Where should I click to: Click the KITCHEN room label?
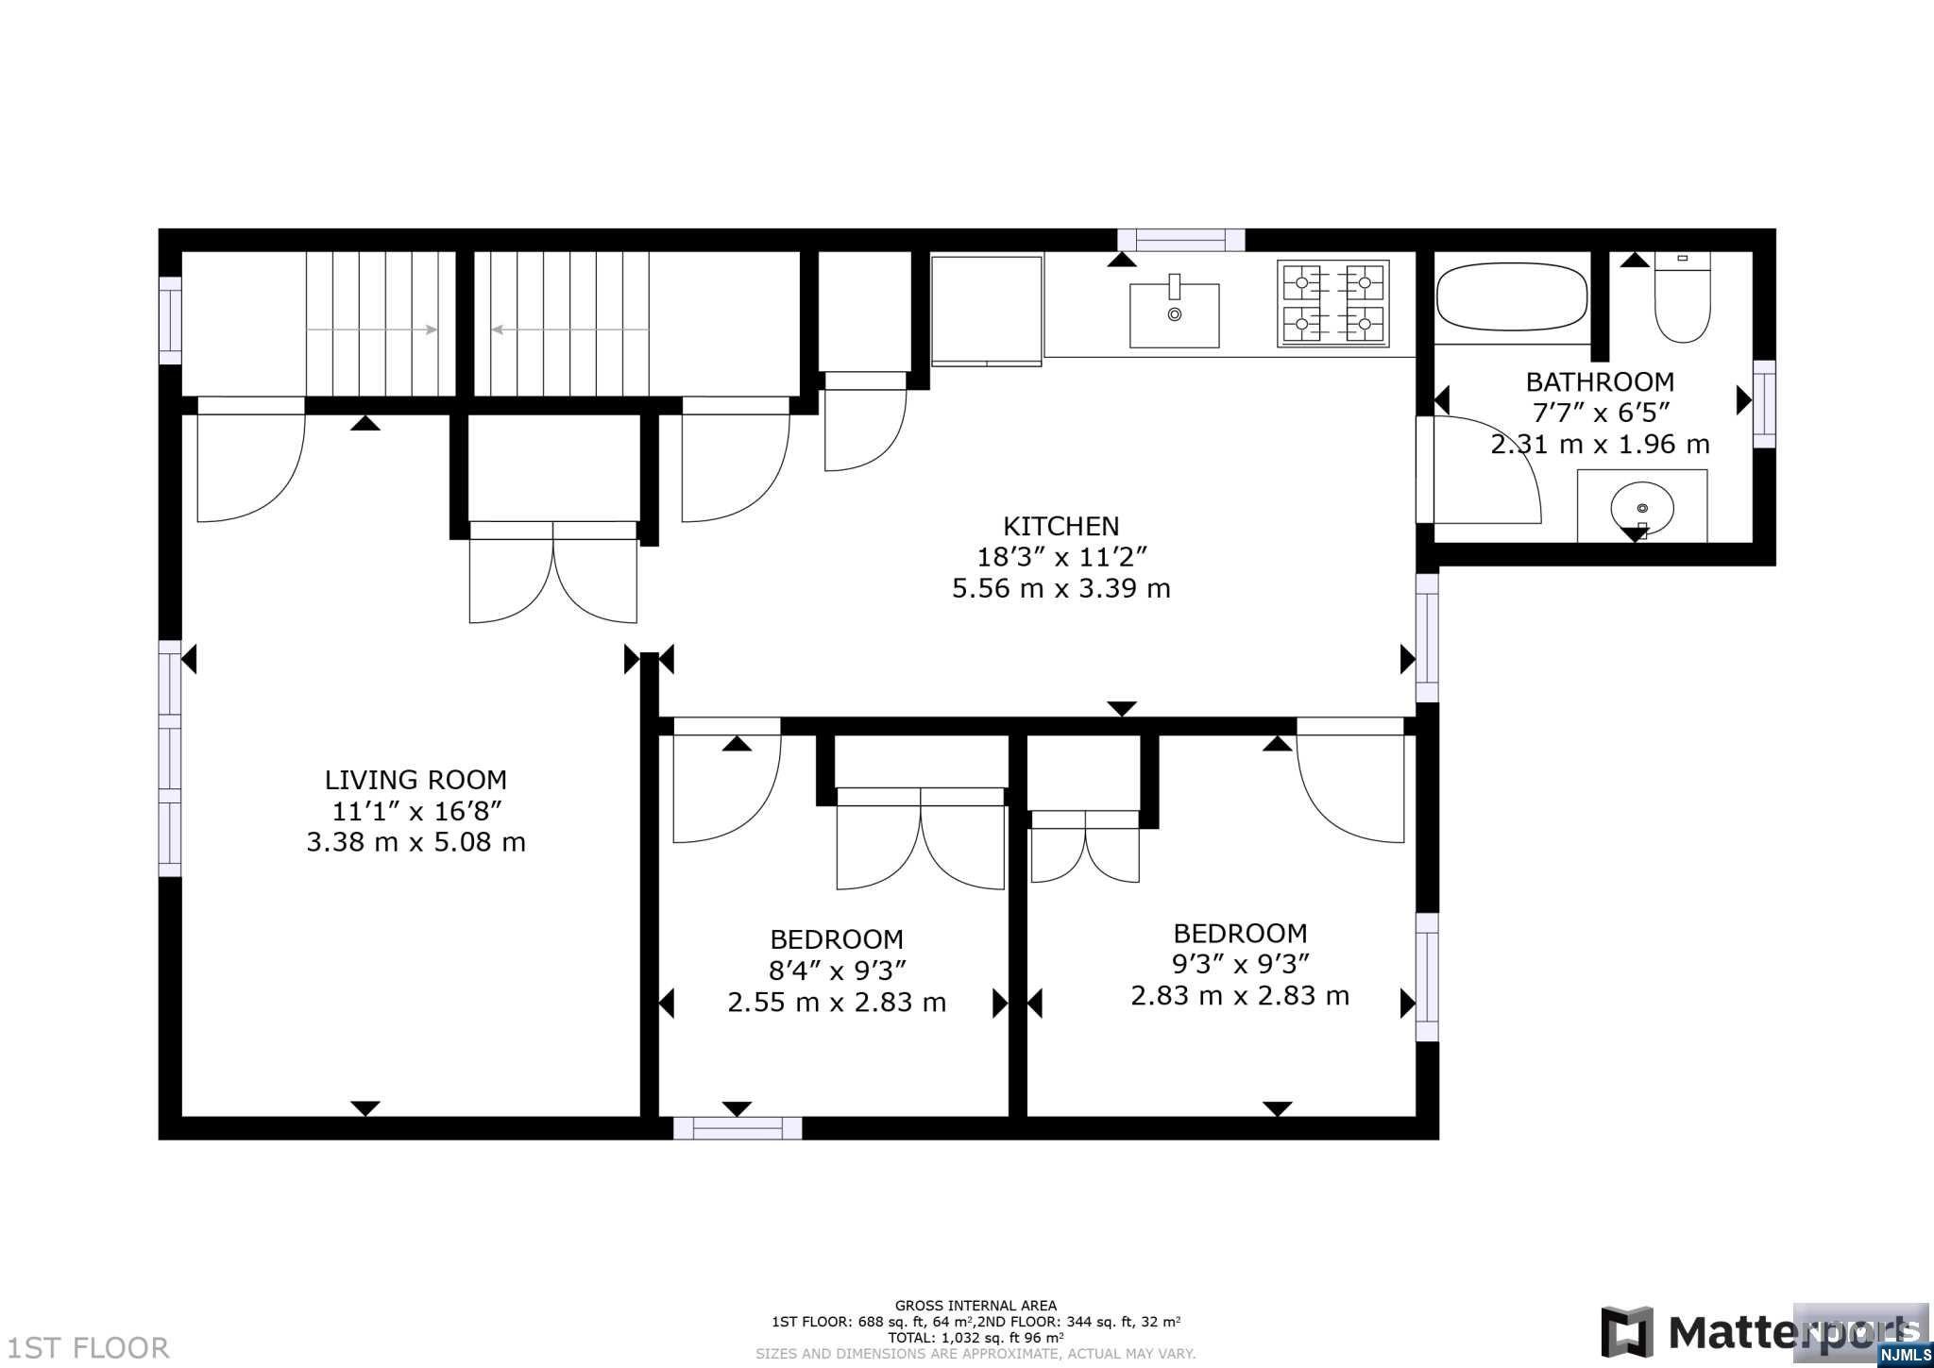pos(1060,526)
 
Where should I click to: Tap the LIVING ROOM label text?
pos(416,780)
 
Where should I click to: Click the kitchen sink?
pos(1175,315)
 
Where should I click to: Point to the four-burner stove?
pos(1333,303)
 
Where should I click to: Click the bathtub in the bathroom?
pos(1512,296)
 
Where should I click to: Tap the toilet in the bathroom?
pos(1682,296)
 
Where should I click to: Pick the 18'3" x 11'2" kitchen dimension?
pos(1061,557)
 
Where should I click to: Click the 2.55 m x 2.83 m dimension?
pos(837,1002)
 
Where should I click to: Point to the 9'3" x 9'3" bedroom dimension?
pos(1240,964)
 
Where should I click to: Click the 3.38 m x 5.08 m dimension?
pos(416,841)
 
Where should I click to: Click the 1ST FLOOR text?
pos(88,1347)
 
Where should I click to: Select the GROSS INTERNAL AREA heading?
pos(975,1307)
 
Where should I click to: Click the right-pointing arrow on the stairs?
pos(372,329)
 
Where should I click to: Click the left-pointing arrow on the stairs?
pos(569,329)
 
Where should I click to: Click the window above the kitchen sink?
pos(1181,240)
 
